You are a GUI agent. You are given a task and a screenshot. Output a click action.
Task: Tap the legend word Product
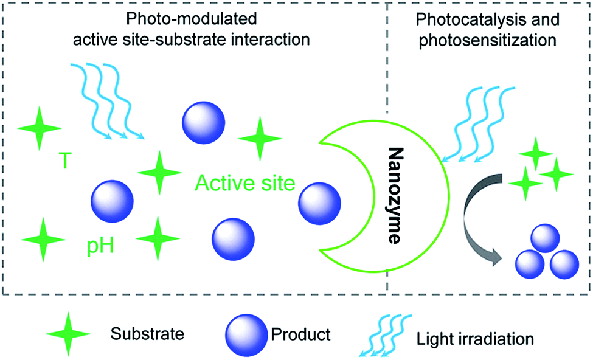[301, 334]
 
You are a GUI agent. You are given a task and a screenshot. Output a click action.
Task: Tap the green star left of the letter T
[40, 128]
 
